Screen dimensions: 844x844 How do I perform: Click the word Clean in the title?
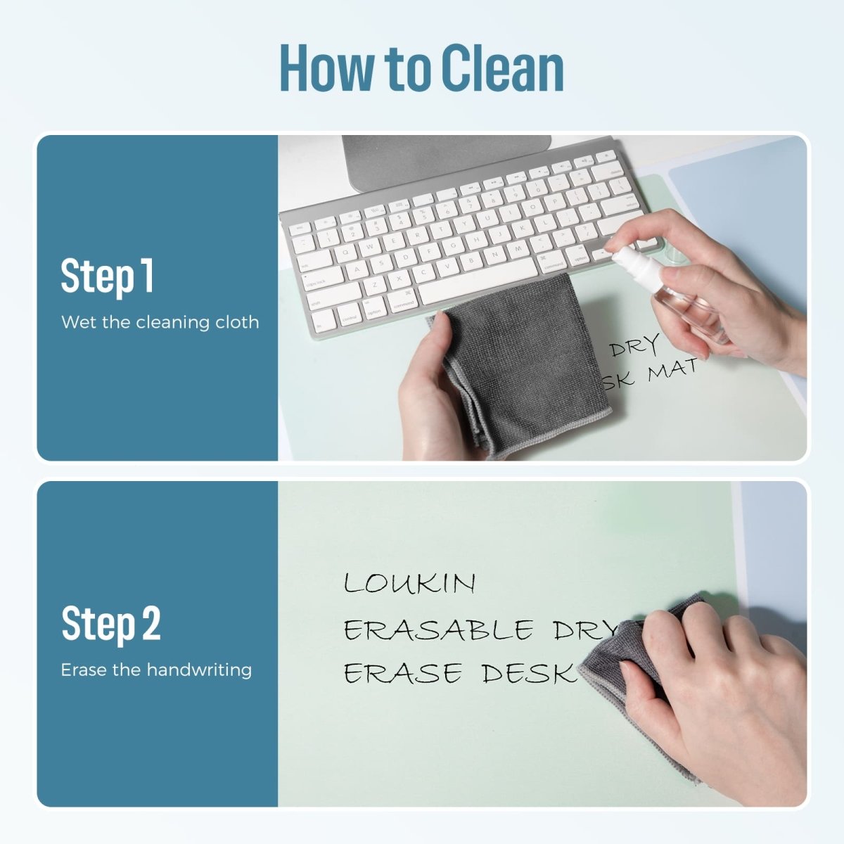[x=503, y=68]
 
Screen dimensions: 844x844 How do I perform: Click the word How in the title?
[x=326, y=68]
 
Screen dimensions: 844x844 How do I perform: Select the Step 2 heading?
[x=111, y=624]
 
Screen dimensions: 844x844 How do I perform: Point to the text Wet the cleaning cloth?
[x=160, y=322]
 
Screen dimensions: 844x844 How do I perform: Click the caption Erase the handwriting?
[x=156, y=670]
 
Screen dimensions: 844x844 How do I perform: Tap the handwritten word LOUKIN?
[x=409, y=584]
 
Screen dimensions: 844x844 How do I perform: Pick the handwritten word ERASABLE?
[x=438, y=629]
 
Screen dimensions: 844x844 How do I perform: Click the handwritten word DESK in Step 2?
[x=529, y=674]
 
